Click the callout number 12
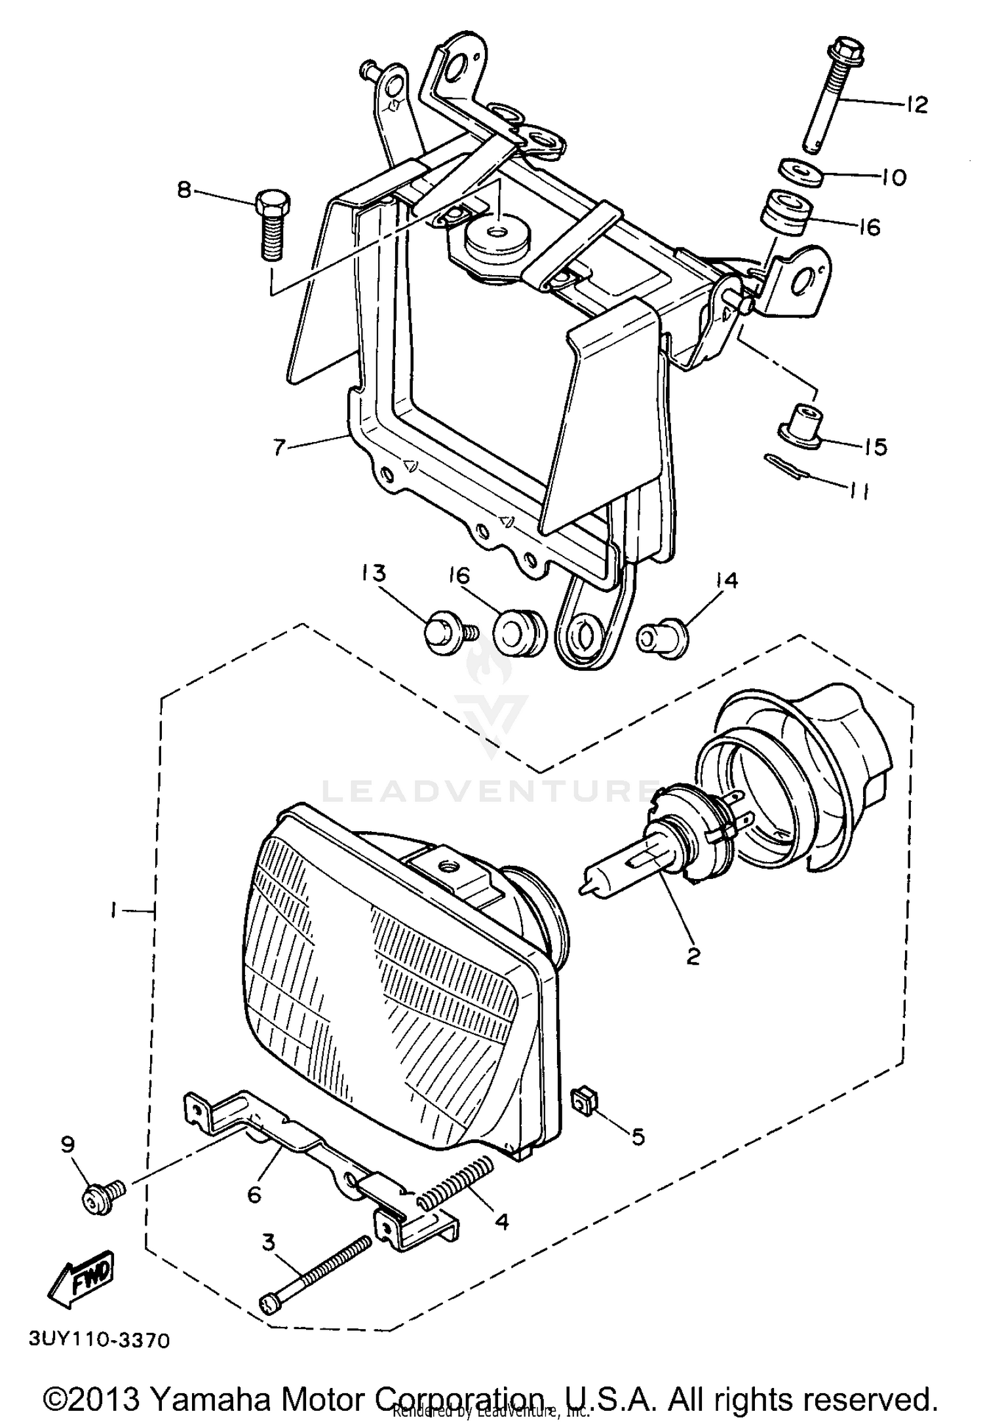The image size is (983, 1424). [x=917, y=103]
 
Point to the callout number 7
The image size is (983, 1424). [x=279, y=448]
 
